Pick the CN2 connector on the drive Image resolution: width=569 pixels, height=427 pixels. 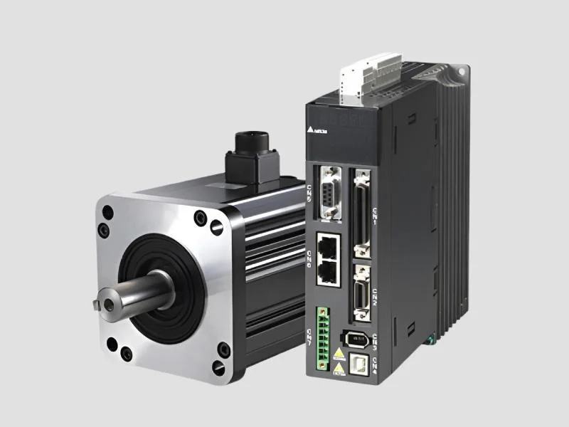coord(361,292)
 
